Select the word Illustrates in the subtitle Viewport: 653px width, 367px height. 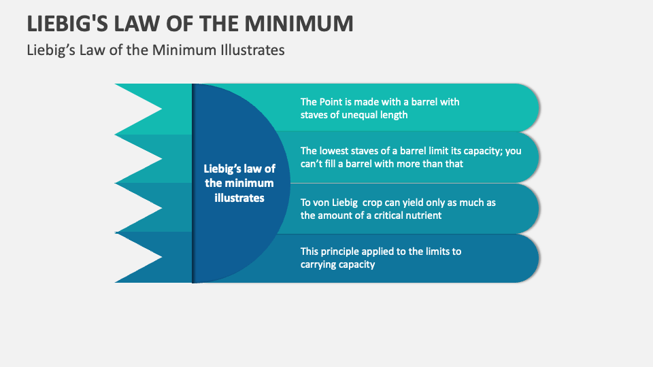point(252,50)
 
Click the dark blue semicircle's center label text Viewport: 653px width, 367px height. point(239,183)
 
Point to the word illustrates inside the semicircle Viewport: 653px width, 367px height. point(239,198)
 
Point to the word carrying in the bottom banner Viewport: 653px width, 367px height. point(318,264)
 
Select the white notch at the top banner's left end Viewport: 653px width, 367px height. point(136,108)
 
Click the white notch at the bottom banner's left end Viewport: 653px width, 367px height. point(136,257)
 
